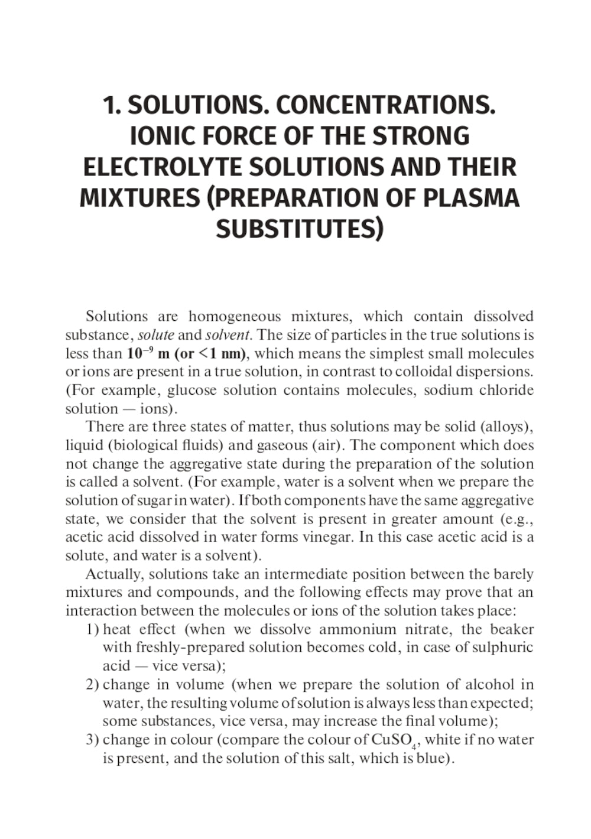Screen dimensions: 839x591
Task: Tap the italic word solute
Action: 156,335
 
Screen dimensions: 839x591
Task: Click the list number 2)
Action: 92,685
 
